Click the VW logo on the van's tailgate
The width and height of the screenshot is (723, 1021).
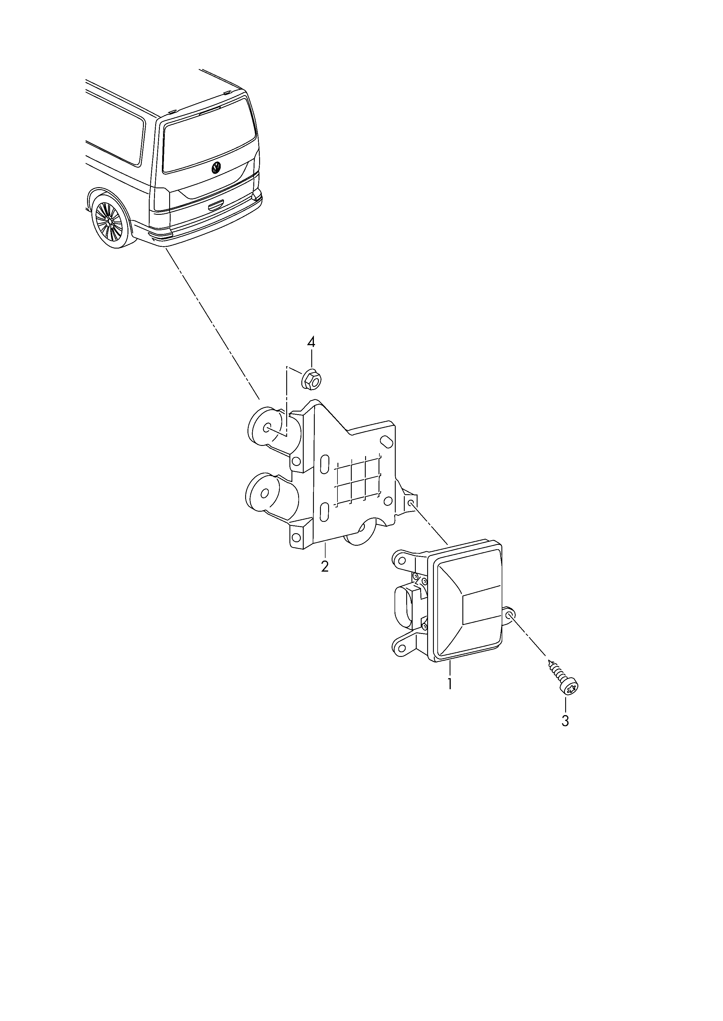click(216, 168)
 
